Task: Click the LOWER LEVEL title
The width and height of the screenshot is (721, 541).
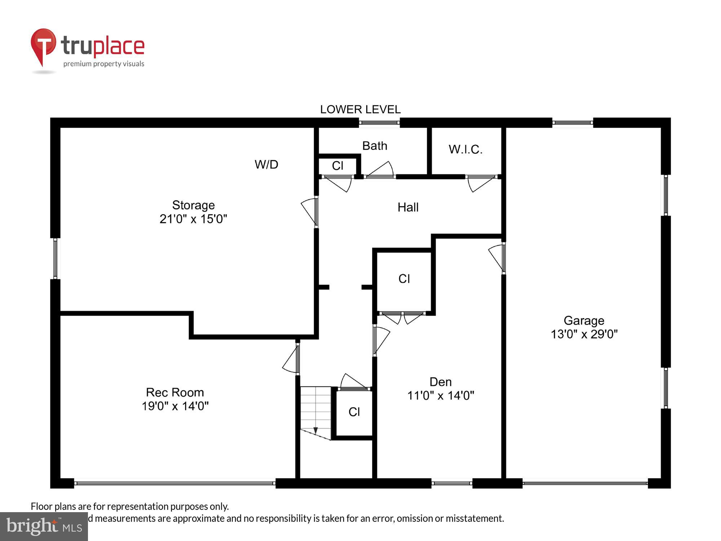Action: (360, 109)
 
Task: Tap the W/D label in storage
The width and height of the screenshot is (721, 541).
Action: (266, 164)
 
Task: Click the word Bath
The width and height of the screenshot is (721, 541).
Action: (375, 146)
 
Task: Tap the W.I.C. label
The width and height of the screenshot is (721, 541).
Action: (465, 149)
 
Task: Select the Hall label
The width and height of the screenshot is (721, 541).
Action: (408, 207)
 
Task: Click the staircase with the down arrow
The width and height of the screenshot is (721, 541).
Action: (316, 413)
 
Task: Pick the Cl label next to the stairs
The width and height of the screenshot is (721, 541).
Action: (354, 412)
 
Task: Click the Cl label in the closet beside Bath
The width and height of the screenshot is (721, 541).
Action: (337, 166)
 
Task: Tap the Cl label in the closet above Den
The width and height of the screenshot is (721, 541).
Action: (404, 279)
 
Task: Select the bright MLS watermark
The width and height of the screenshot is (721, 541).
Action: (44, 526)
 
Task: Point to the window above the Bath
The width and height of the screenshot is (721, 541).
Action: (379, 123)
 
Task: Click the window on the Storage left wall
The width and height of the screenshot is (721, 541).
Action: (55, 258)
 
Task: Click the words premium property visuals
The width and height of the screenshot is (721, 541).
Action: (104, 64)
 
